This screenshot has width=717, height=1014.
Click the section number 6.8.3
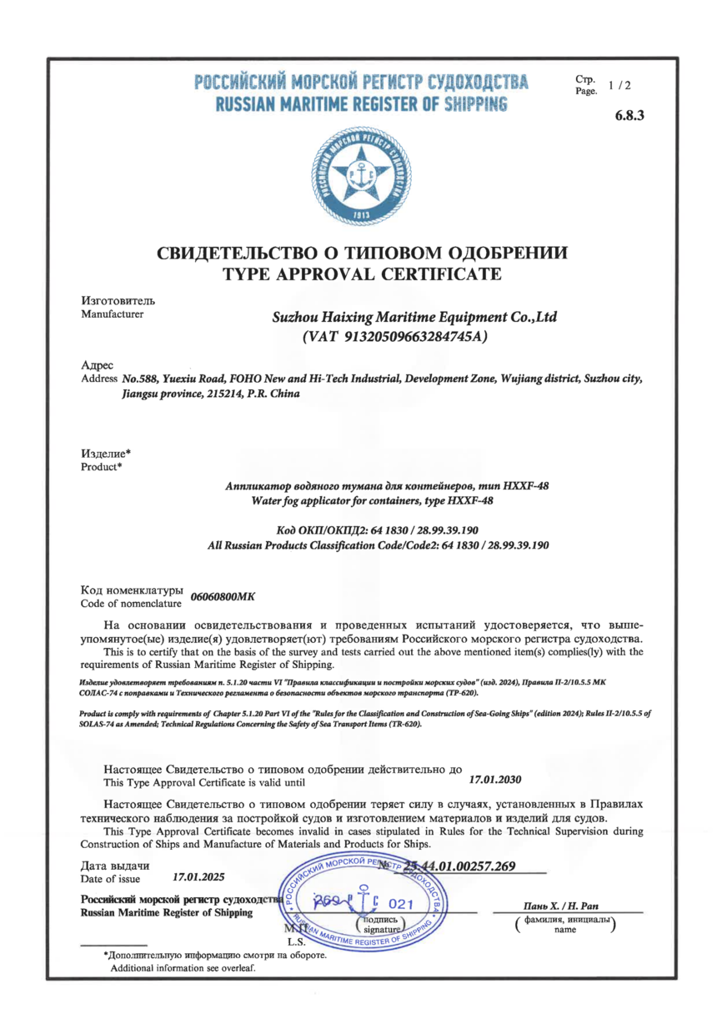coord(629,115)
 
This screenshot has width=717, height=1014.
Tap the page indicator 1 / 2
coord(620,85)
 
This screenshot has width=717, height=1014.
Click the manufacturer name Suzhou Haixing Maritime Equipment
coord(414,318)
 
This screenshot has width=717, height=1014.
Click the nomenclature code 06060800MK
coord(223,597)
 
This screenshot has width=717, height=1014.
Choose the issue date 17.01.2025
coord(198,877)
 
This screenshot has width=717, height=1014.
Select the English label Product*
coord(101,467)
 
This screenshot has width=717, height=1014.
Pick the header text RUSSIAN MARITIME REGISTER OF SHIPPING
coord(361,105)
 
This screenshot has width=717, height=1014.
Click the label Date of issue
coord(111,879)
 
